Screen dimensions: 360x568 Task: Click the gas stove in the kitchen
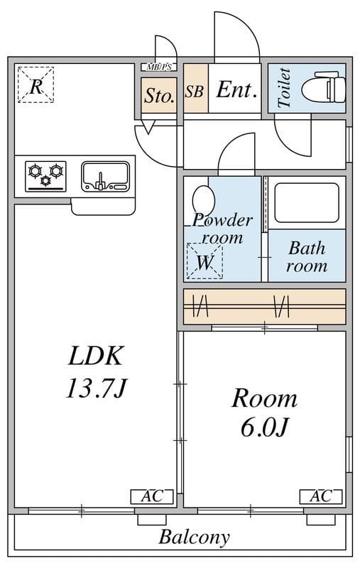[45, 176]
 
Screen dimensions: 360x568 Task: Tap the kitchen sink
[105, 176]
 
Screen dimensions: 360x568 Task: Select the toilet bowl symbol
[323, 87]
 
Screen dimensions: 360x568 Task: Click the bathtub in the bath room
[307, 203]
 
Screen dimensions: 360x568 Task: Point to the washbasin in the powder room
[204, 201]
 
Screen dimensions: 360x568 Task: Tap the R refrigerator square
[36, 84]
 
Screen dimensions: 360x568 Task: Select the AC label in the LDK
[152, 496]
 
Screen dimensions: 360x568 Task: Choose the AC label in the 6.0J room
[321, 496]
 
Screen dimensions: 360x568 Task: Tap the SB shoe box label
[194, 92]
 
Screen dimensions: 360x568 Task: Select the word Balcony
[194, 537]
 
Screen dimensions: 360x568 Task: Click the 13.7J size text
[96, 388]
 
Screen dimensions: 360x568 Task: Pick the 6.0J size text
[264, 427]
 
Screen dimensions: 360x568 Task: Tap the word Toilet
[284, 88]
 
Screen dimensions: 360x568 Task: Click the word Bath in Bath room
[307, 248]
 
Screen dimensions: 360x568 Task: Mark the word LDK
[96, 356]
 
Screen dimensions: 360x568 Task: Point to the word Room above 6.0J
[264, 398]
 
